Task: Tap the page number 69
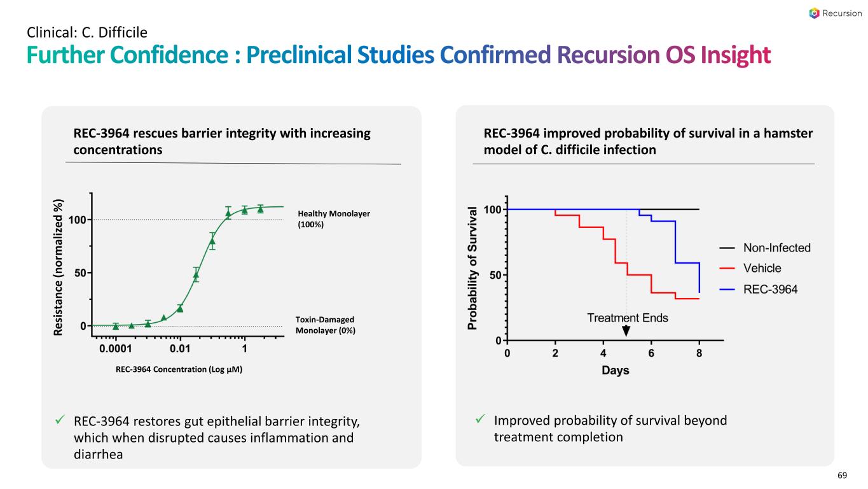[843, 476]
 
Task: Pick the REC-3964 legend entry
[761, 289]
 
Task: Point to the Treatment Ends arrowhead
[626, 331]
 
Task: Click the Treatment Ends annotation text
[627, 318]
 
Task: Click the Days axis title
[616, 371]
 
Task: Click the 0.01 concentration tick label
[181, 349]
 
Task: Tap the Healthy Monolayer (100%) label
[334, 219]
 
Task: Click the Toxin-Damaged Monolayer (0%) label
[325, 325]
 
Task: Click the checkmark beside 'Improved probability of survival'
[481, 420]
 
